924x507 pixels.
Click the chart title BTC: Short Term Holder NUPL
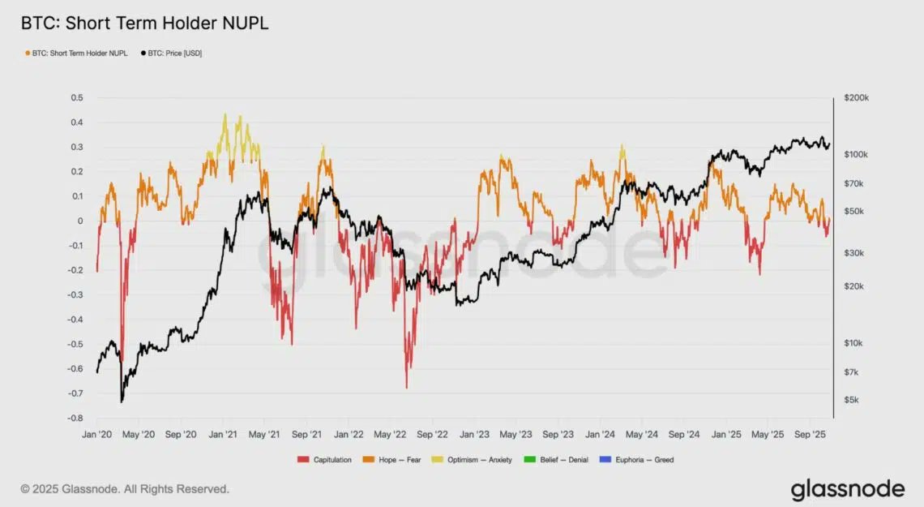(144, 24)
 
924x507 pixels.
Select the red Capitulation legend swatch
(304, 460)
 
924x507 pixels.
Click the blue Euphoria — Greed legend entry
(640, 460)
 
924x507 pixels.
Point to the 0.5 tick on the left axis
(77, 97)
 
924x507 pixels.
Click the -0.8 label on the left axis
(75, 419)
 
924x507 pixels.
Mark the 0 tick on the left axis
(79, 221)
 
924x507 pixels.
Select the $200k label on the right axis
(856, 97)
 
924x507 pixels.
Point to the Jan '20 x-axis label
(96, 434)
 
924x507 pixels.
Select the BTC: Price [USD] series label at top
(173, 54)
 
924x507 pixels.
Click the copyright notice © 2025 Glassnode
(125, 489)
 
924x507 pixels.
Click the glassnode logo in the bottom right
(847, 489)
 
